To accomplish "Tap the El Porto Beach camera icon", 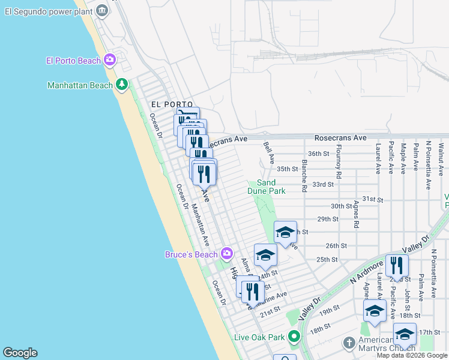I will [110, 59].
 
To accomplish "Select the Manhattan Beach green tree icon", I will [122, 85].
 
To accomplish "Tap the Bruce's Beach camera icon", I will [226, 254].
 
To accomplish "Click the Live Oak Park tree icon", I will [293, 337].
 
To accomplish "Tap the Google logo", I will [20, 353].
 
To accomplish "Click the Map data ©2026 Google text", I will [412, 355].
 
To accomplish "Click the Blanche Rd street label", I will [306, 175].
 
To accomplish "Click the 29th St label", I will [328, 219].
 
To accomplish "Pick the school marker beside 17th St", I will [405, 333].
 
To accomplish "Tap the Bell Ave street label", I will [269, 154].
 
